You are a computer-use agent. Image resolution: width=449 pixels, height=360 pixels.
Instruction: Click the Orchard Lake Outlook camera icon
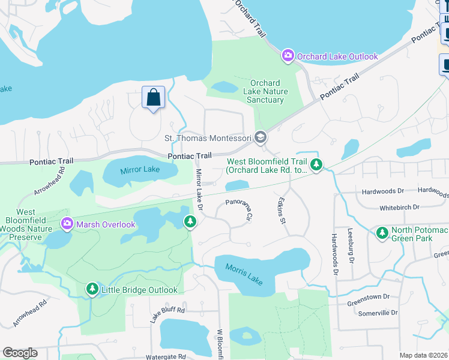288,56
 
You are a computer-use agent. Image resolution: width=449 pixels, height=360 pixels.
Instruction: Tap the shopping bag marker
153,97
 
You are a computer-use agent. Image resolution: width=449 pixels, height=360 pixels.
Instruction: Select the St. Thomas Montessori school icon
260,138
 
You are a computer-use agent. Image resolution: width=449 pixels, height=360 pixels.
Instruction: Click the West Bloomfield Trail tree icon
316,164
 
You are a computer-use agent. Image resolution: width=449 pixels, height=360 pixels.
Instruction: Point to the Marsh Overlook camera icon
67,224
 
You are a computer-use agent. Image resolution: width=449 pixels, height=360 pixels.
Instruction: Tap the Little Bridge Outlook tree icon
92,290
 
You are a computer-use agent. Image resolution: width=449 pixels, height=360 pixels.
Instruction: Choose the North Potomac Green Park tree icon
381,232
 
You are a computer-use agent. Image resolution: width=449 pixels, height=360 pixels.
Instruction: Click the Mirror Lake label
140,169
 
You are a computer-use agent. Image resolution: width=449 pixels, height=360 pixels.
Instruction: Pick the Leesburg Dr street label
350,245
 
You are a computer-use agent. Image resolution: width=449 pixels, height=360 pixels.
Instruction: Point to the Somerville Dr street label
377,313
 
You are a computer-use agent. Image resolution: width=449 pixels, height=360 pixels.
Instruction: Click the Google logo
20,353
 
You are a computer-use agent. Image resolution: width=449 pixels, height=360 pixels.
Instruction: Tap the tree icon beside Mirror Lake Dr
190,222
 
